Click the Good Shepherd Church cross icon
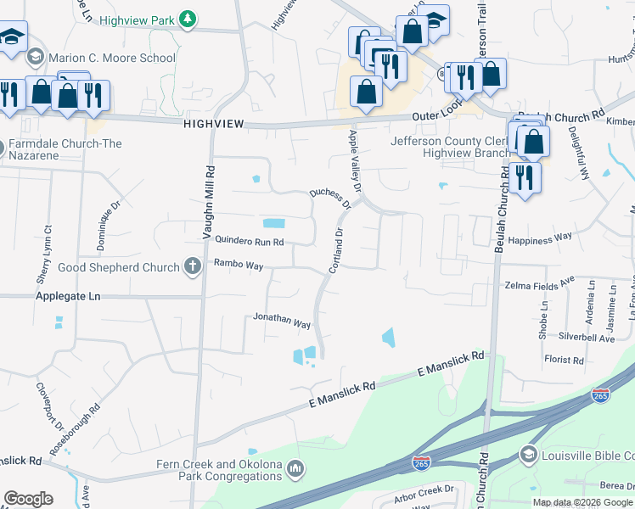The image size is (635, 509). (193, 267)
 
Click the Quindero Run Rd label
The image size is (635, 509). (249, 241)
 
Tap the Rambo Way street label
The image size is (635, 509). (238, 265)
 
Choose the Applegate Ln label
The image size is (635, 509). (68, 297)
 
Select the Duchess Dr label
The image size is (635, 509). (330, 198)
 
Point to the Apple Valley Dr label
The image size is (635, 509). (357, 161)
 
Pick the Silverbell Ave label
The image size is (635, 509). (586, 338)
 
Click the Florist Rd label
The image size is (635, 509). (565, 361)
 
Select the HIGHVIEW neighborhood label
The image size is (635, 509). (213, 124)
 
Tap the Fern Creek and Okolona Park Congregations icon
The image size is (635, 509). (295, 467)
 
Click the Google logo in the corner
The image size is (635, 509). (28, 499)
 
